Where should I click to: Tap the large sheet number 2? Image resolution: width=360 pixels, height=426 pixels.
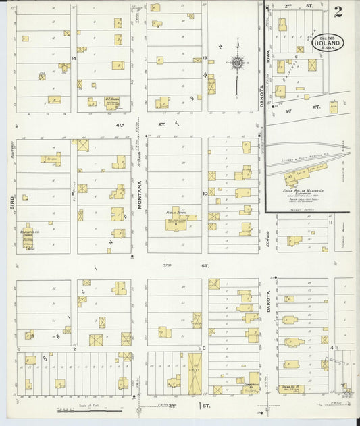tap(337, 12)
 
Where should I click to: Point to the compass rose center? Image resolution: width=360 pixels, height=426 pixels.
tap(238, 63)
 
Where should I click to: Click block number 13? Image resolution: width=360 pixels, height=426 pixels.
tap(204, 59)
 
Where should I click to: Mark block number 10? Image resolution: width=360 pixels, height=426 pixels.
tap(204, 194)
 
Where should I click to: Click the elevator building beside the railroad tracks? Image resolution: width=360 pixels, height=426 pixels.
tap(292, 179)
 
